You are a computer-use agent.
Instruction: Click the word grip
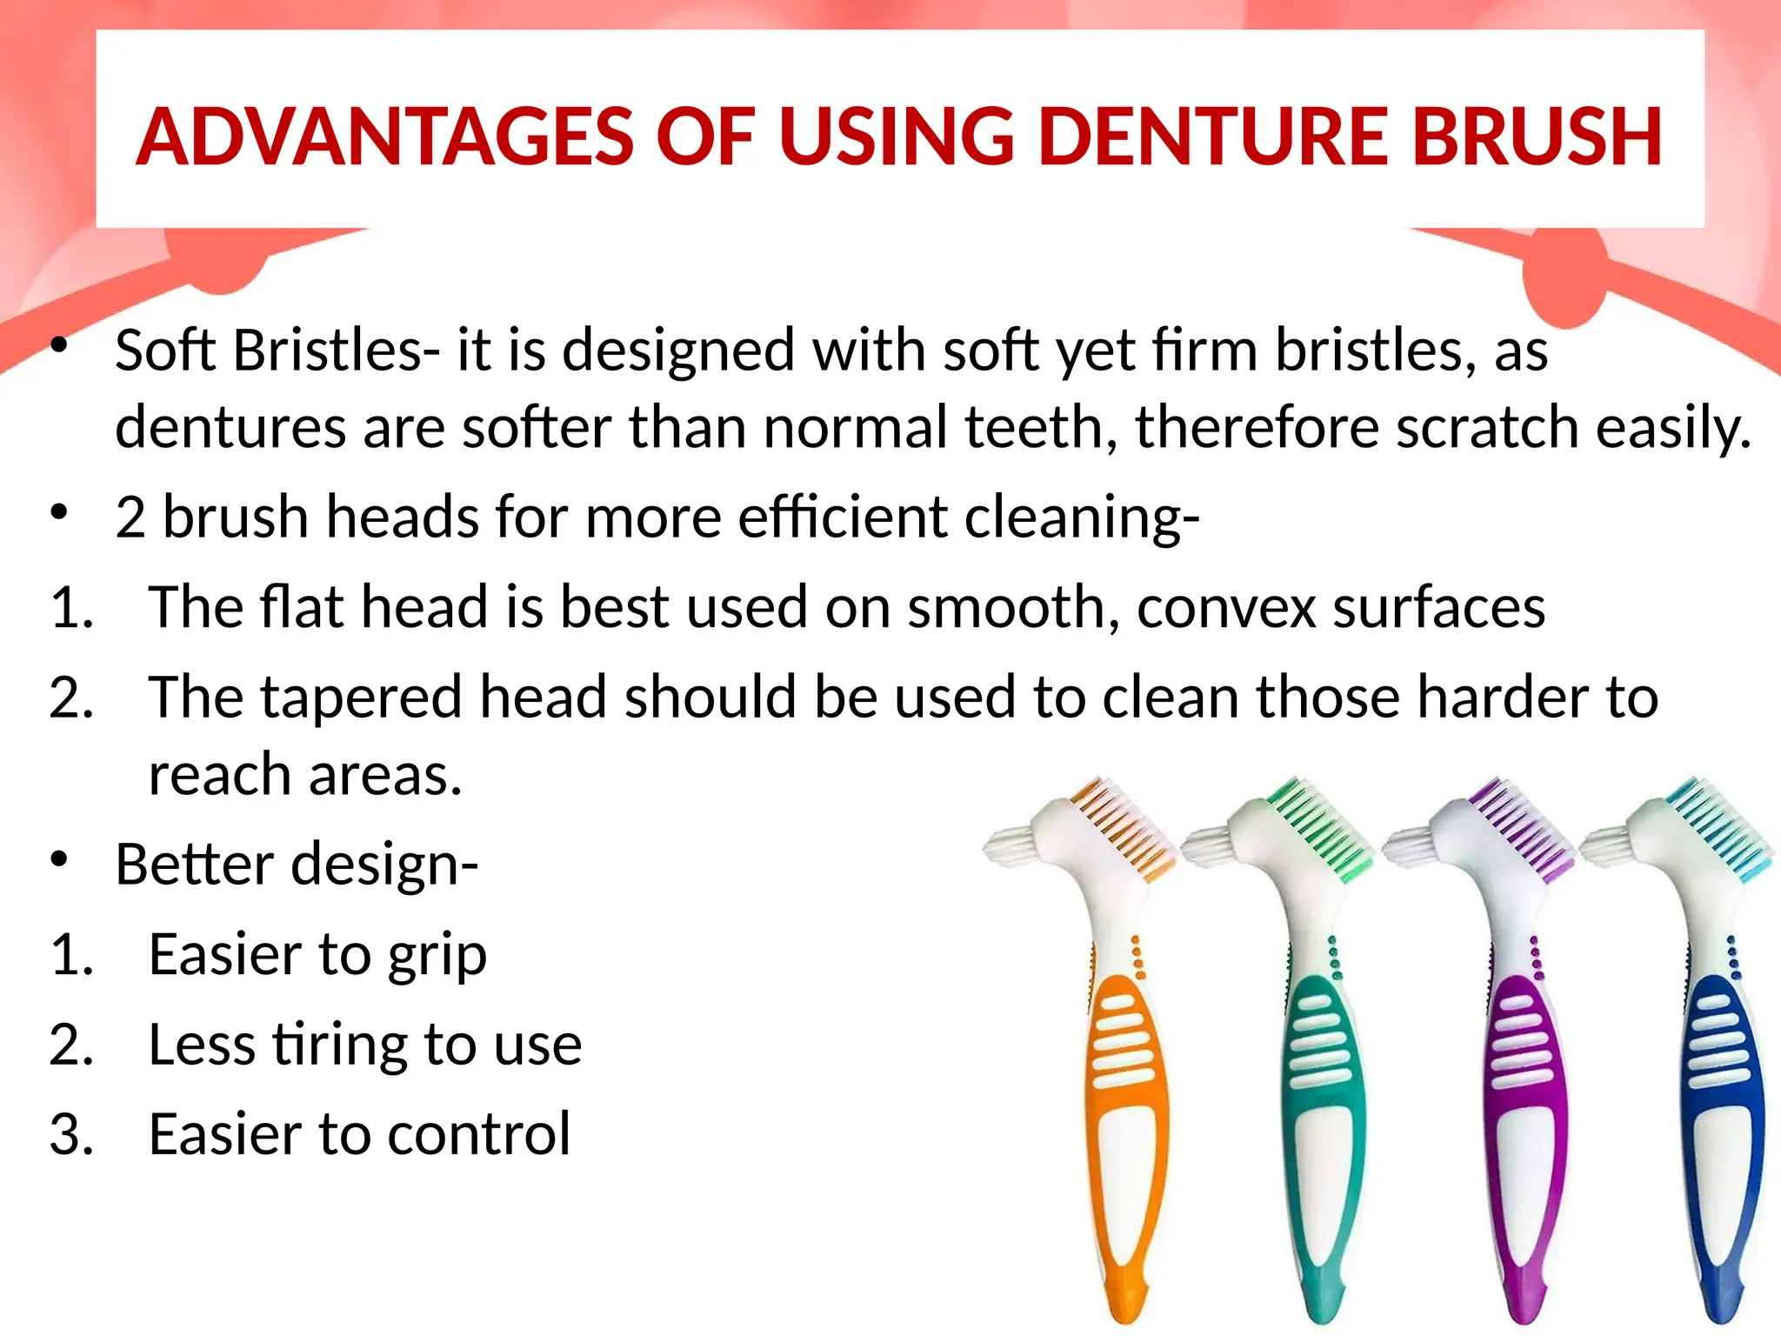(437, 955)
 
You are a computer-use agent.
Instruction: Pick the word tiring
(341, 1045)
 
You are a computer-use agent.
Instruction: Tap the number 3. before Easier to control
(71, 1134)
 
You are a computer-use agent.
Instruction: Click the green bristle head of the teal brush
(1322, 826)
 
